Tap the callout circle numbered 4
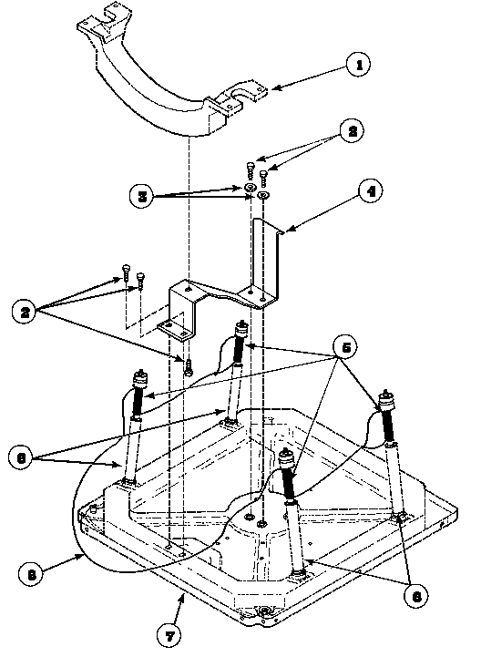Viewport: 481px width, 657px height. pos(370,192)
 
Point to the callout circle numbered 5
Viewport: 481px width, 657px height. pos(345,348)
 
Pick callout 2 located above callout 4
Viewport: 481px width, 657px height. pos(347,130)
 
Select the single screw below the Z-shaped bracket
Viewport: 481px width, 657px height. pos(187,366)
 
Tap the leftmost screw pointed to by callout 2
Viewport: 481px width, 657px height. pos(123,270)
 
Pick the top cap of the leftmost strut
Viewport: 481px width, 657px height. pos(141,376)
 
